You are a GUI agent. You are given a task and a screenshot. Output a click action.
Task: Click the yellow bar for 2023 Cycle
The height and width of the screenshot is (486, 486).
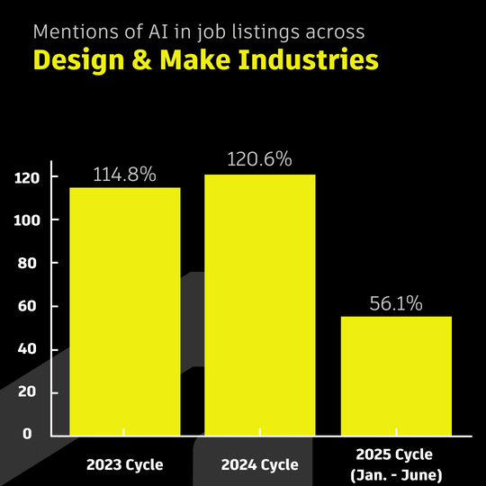point(125,310)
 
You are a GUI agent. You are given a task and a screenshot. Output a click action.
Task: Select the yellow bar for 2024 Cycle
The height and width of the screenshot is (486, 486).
point(260,304)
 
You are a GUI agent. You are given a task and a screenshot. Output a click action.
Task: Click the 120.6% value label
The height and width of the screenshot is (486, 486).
point(260,160)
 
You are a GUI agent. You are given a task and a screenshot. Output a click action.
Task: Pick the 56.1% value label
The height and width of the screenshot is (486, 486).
point(396,303)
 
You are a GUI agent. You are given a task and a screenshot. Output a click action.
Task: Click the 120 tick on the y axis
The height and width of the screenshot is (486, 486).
point(28,178)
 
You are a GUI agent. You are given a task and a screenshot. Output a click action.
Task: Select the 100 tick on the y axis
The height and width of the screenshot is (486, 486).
point(28,220)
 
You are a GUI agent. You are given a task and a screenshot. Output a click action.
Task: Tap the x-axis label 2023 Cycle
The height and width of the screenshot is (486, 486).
point(125,465)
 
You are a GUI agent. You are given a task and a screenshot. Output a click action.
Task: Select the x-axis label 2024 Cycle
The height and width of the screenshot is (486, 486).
point(260,465)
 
